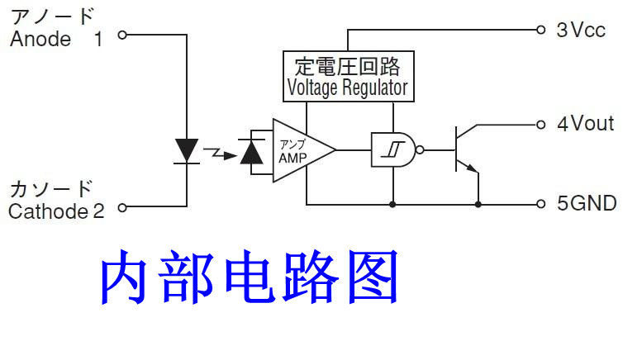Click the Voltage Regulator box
click(x=347, y=76)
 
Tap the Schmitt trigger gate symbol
click(x=392, y=149)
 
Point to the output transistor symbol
click(x=465, y=149)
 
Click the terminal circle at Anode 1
click(x=122, y=36)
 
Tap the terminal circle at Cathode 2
click(x=122, y=208)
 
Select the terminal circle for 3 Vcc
click(x=541, y=30)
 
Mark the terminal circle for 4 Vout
click(x=541, y=125)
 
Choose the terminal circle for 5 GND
click(x=541, y=203)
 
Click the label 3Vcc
click(x=581, y=31)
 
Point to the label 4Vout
click(x=585, y=125)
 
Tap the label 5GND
click(x=586, y=203)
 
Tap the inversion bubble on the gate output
click(x=419, y=150)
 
